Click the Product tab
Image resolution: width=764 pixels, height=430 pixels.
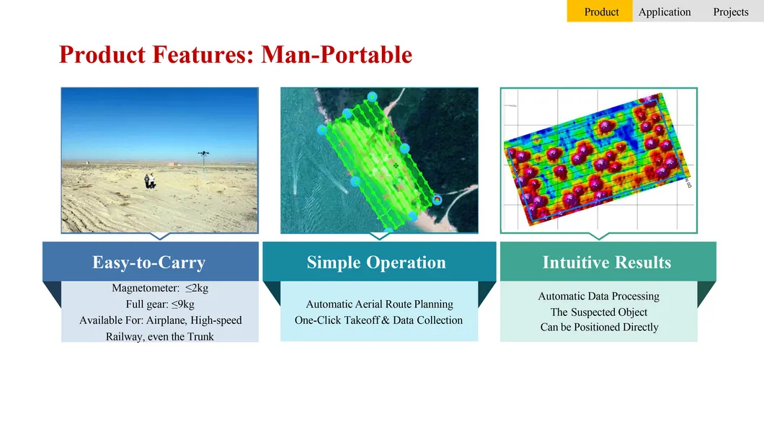[601, 12]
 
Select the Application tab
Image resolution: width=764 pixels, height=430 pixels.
[665, 12]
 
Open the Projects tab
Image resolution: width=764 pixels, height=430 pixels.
[730, 12]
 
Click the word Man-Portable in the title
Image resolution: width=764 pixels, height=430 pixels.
[337, 54]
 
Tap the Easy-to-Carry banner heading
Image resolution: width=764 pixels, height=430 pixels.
[148, 262]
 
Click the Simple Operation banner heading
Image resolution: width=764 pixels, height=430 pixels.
[376, 262]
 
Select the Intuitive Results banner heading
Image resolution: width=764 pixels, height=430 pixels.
[606, 262]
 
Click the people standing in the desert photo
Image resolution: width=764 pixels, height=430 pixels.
[150, 181]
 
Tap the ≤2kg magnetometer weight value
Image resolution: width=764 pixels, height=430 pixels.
[197, 288]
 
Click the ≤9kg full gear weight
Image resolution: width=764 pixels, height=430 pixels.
[183, 304]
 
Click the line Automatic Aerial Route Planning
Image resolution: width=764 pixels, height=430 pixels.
[379, 304]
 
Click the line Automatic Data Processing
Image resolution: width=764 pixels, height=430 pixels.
[598, 296]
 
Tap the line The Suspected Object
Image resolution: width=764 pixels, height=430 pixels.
[598, 312]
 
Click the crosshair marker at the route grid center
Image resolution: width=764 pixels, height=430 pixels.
[395, 166]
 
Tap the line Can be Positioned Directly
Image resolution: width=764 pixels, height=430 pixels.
[599, 327]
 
